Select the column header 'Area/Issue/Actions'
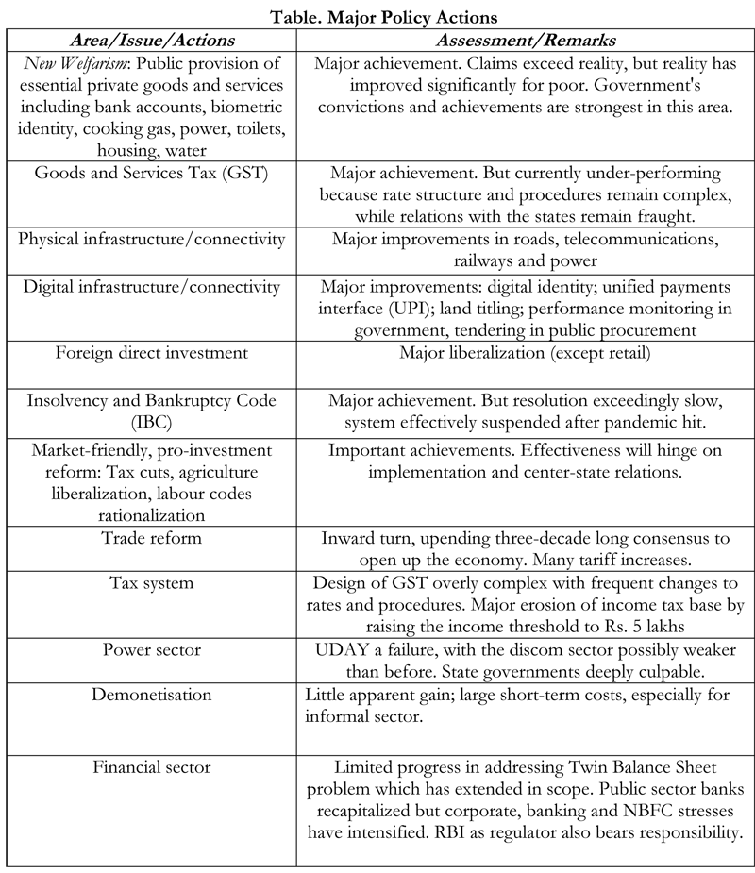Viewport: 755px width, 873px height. [x=152, y=42]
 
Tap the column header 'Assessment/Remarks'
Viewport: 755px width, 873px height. [x=527, y=42]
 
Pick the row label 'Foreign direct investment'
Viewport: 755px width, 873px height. [x=152, y=353]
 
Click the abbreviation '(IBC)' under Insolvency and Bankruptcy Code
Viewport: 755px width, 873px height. [x=152, y=422]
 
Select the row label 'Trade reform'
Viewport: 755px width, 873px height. [x=152, y=538]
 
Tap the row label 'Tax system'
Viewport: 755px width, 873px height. [x=152, y=583]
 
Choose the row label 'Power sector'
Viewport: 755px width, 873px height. [x=152, y=650]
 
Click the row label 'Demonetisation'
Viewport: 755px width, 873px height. [x=152, y=695]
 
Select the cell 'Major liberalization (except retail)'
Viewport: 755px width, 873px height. [x=527, y=353]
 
